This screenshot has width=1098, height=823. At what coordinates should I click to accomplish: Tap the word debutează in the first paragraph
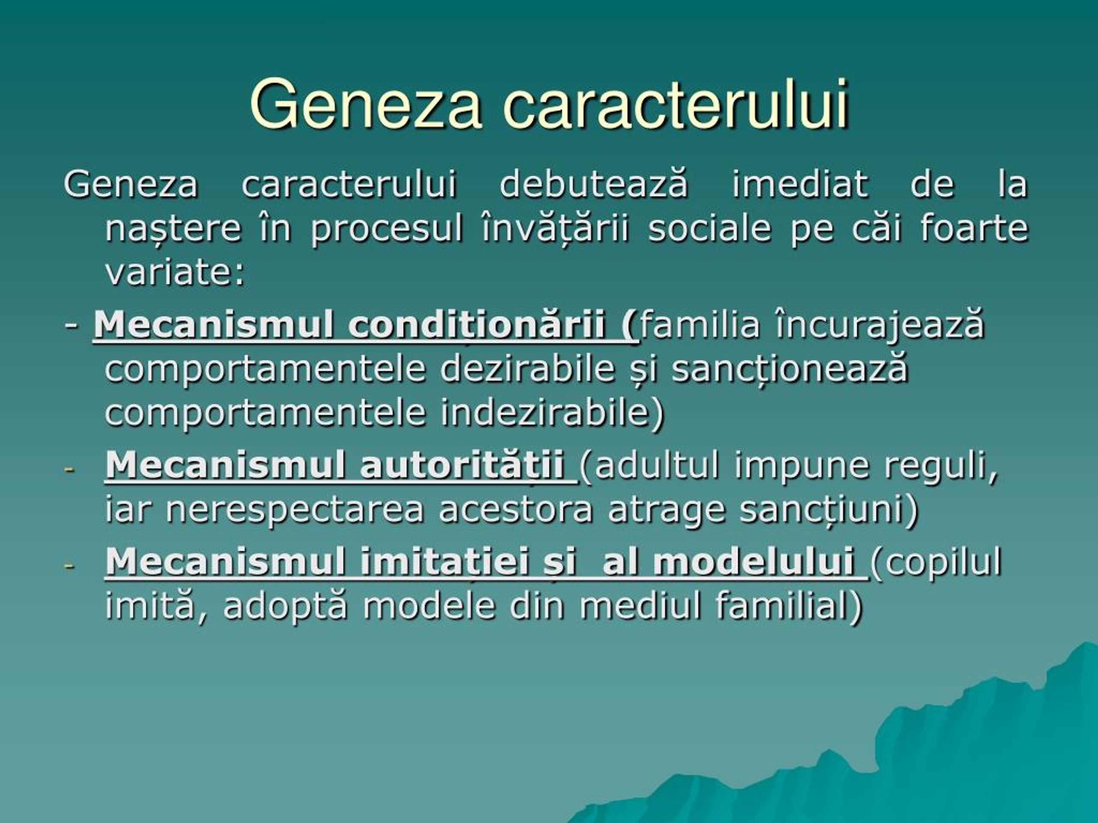point(594,183)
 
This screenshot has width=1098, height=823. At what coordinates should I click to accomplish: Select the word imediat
point(799,183)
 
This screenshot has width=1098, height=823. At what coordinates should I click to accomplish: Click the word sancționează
point(790,369)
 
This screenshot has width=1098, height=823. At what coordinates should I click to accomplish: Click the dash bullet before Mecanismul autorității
point(69,469)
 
